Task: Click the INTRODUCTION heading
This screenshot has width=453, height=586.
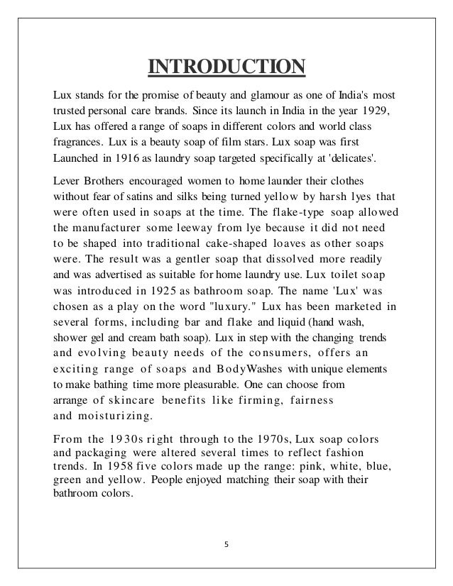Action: coord(226,67)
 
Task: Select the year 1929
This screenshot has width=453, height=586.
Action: coord(377,111)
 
